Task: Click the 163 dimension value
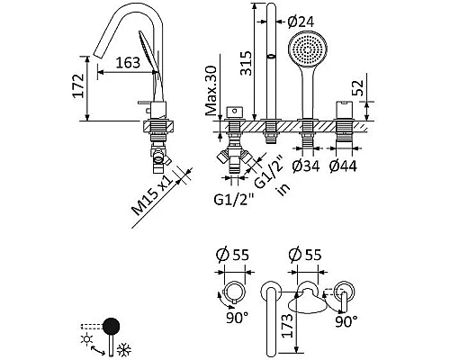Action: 128,63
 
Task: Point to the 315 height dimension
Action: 246,63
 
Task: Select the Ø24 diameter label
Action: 301,22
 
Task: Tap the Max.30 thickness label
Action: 211,91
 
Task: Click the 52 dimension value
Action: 357,87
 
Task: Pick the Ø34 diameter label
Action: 306,166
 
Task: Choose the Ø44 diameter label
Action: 343,166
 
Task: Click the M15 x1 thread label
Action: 152,195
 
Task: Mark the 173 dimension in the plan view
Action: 287,326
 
